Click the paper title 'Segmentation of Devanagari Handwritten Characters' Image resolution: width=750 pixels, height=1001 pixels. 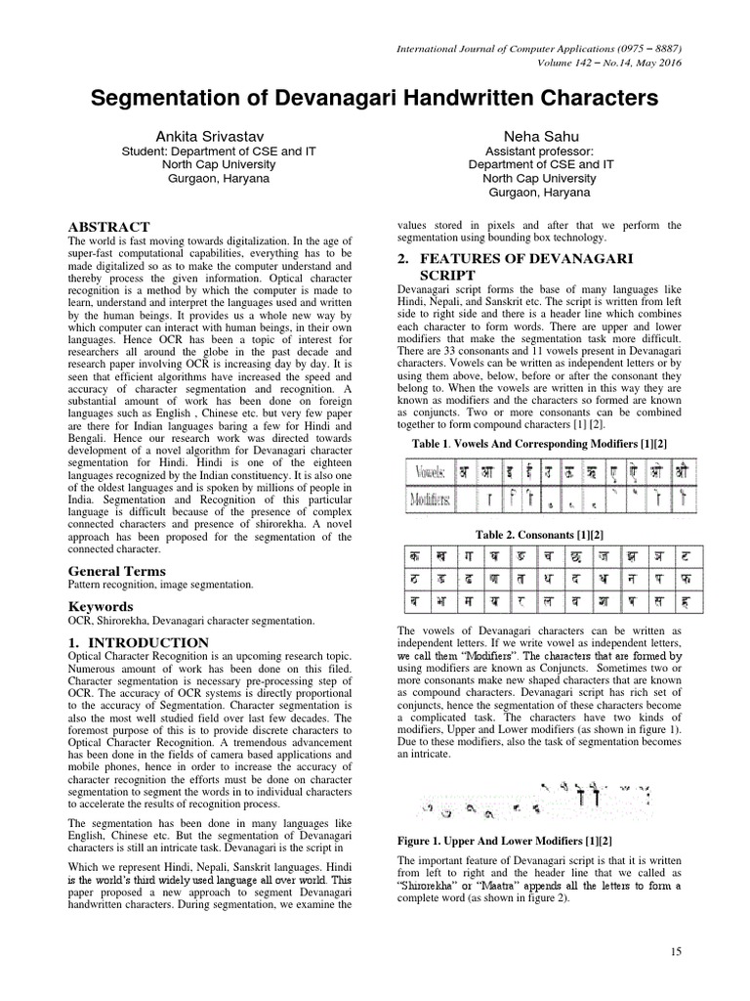375,99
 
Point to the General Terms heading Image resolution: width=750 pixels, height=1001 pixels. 115,570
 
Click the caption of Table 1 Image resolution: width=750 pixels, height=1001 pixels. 539,442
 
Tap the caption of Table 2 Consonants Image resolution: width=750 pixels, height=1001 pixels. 539,535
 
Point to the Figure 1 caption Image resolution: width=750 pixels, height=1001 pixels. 506,841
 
